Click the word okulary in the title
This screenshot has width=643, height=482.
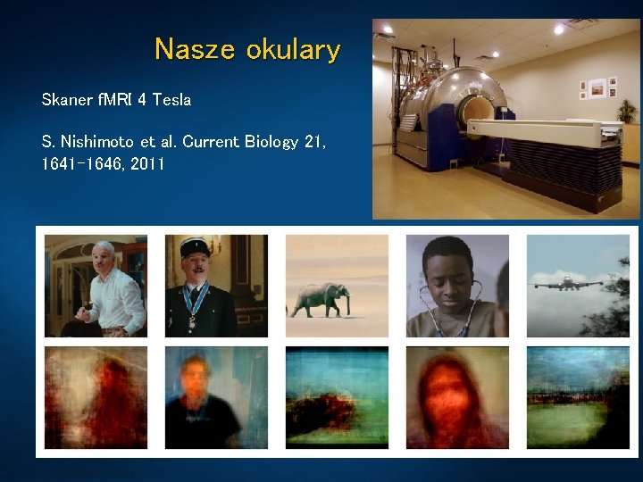(293, 50)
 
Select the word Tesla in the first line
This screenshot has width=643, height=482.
(171, 99)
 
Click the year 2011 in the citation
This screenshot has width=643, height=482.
(146, 164)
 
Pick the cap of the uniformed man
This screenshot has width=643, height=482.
(194, 246)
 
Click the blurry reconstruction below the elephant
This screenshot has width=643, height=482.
(337, 397)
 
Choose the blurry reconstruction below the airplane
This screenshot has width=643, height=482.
(577, 397)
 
